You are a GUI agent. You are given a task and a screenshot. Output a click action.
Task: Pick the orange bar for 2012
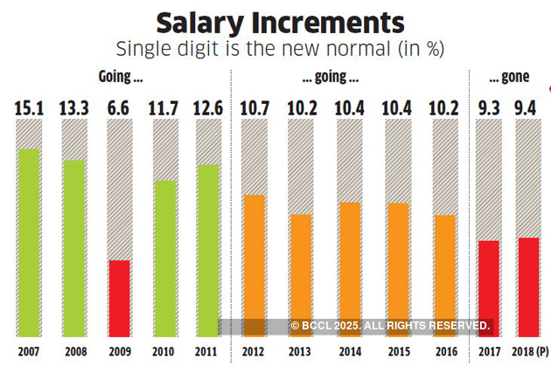(x=254, y=266)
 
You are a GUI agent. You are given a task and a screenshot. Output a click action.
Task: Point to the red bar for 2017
(x=489, y=288)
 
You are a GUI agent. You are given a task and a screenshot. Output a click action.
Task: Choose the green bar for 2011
(x=207, y=250)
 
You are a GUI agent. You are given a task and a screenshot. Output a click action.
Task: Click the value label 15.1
(x=29, y=108)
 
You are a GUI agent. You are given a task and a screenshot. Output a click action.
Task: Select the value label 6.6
(x=118, y=108)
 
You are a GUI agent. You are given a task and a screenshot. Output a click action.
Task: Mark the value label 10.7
(x=254, y=108)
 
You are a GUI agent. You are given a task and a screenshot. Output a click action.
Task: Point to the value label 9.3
(x=489, y=108)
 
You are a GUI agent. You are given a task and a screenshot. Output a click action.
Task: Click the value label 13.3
(x=73, y=108)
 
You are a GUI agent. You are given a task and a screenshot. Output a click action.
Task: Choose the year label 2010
(x=163, y=353)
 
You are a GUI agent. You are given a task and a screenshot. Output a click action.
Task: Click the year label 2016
(x=444, y=353)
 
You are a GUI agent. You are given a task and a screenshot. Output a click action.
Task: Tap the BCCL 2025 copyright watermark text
(x=390, y=326)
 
